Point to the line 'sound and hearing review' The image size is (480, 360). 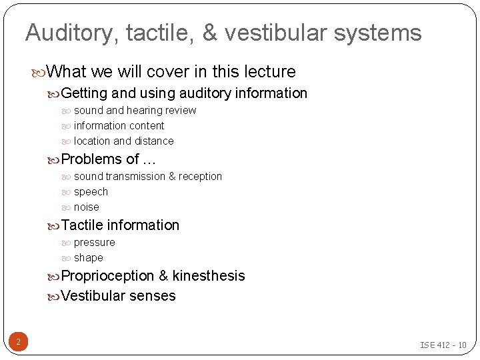pyautogui.click(x=135, y=110)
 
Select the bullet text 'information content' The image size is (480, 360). pyautogui.click(x=119, y=125)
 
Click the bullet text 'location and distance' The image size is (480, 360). pyautogui.click(x=123, y=141)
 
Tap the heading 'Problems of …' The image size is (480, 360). pyautogui.click(x=109, y=159)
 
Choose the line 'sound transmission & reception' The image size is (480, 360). pyautogui.click(x=147, y=176)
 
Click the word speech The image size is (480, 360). pyautogui.click(x=91, y=191)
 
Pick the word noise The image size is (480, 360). pyautogui.click(x=86, y=207)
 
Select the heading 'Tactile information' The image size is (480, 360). pyautogui.click(x=120, y=225)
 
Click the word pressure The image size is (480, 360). pyautogui.click(x=94, y=242)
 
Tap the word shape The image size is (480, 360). pyautogui.click(x=88, y=257)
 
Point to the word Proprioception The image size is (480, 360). pyautogui.click(x=107, y=276)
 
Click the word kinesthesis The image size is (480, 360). pyautogui.click(x=209, y=276)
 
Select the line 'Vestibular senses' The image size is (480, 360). pyautogui.click(x=118, y=296)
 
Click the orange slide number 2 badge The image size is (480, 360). pyautogui.click(x=18, y=343)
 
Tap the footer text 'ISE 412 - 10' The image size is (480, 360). pyautogui.click(x=443, y=345)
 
